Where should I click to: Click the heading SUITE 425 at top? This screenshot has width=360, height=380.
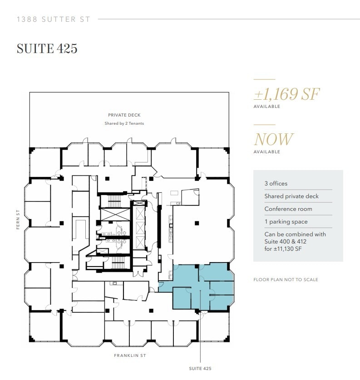click(x=47, y=49)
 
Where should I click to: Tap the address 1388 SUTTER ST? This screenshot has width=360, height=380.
click(x=53, y=19)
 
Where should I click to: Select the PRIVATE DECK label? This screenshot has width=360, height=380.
click(x=124, y=115)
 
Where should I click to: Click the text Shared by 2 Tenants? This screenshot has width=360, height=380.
click(x=124, y=123)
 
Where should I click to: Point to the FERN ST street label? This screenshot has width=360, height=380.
click(x=18, y=219)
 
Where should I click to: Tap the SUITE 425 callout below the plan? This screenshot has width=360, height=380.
click(x=200, y=369)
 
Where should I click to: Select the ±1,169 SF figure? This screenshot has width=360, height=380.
click(x=286, y=94)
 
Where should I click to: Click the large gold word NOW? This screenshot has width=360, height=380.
click(x=273, y=139)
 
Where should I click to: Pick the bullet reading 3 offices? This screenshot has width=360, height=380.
click(x=276, y=184)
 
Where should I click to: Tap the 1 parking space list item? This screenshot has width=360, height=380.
click(x=286, y=222)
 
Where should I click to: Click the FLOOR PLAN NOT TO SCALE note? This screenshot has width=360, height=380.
click(x=286, y=280)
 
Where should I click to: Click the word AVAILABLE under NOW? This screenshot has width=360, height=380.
click(x=266, y=152)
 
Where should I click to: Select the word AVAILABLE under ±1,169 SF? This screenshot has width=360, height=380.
click(x=266, y=107)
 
